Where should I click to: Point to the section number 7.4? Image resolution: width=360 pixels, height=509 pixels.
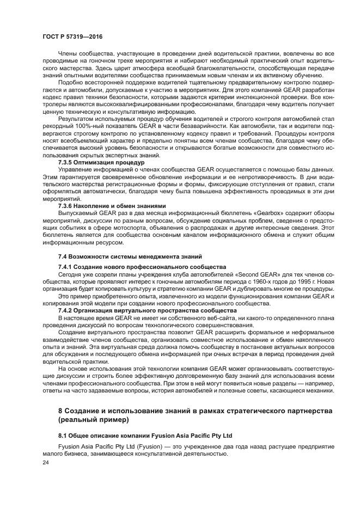(64, 256)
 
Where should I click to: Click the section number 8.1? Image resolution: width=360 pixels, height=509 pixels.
(64, 436)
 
